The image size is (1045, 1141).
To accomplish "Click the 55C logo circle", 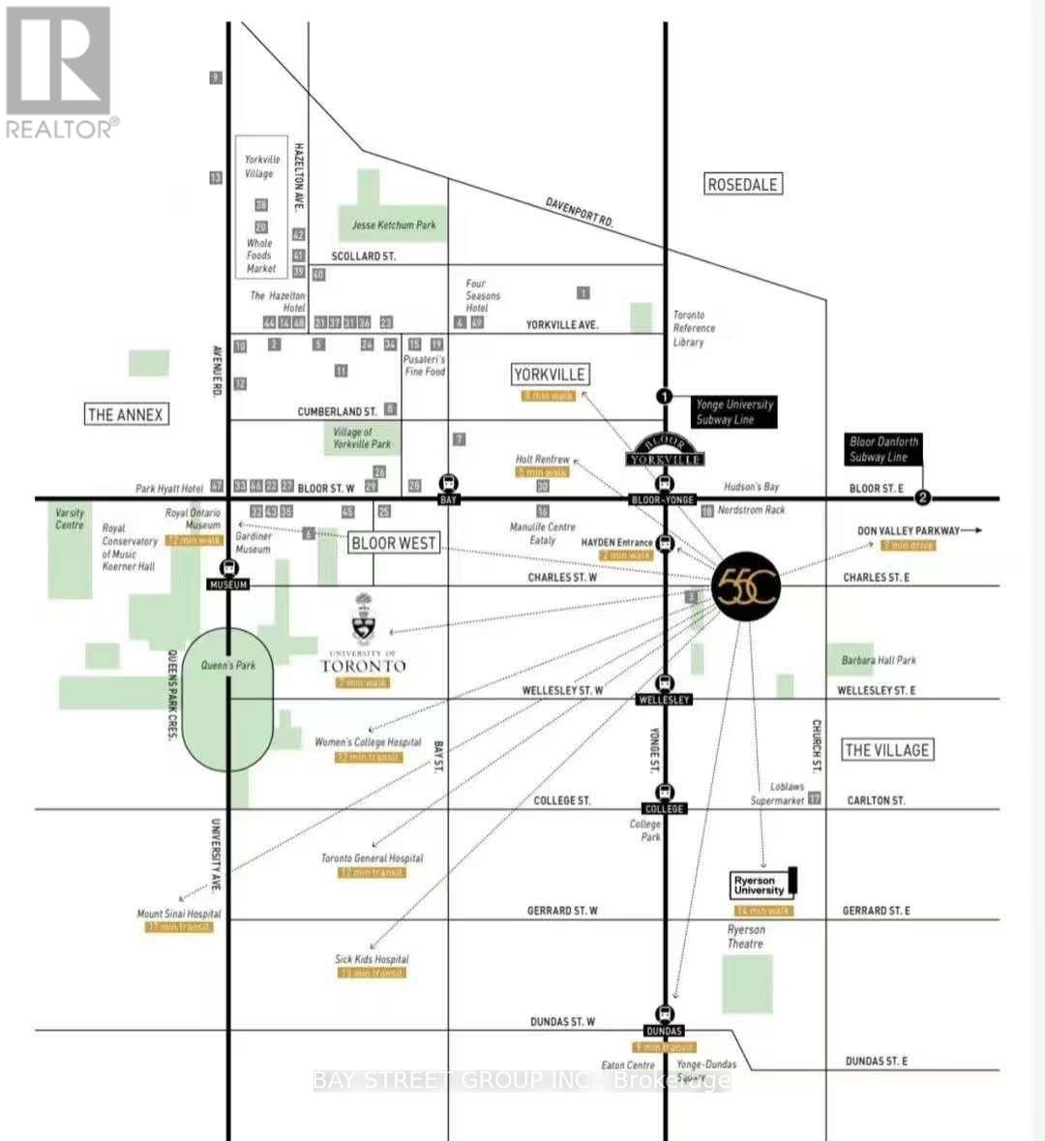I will pyautogui.click(x=746, y=587).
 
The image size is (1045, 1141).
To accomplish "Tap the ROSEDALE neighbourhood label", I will pyautogui.click(x=742, y=184).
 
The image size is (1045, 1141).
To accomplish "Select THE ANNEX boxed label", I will pyautogui.click(x=126, y=414).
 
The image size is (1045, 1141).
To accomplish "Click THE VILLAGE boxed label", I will pyautogui.click(x=886, y=749).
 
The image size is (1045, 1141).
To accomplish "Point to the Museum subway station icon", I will pyautogui.click(x=229, y=568).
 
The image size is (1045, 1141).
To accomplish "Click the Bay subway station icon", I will pyautogui.click(x=448, y=482).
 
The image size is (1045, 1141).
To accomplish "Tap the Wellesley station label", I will pyautogui.click(x=665, y=699).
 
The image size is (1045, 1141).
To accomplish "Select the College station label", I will pyautogui.click(x=665, y=808).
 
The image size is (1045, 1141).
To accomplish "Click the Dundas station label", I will pyautogui.click(x=665, y=1031).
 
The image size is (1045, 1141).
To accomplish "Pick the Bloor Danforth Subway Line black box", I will pyautogui.click(x=883, y=449).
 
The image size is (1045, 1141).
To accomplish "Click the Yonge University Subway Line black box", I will pyautogui.click(x=734, y=412).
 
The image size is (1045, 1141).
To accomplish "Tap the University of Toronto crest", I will pyautogui.click(x=364, y=619).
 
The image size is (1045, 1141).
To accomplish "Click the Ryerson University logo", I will pyautogui.click(x=763, y=885).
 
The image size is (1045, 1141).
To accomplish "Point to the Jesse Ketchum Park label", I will pyautogui.click(x=394, y=225).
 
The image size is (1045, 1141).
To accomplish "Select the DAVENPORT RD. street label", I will pyautogui.click(x=580, y=211).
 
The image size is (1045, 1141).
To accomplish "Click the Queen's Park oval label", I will pyautogui.click(x=228, y=665).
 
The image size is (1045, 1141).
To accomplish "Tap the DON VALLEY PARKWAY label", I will pyautogui.click(x=909, y=530).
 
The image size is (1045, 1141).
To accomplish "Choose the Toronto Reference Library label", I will pyautogui.click(x=694, y=328).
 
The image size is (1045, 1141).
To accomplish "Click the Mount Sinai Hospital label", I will pyautogui.click(x=179, y=914).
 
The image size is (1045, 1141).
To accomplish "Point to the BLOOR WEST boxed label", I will pyautogui.click(x=394, y=543).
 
